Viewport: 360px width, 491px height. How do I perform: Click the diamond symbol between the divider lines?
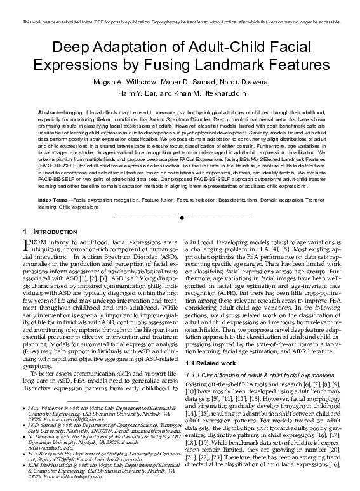pos(180,217)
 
